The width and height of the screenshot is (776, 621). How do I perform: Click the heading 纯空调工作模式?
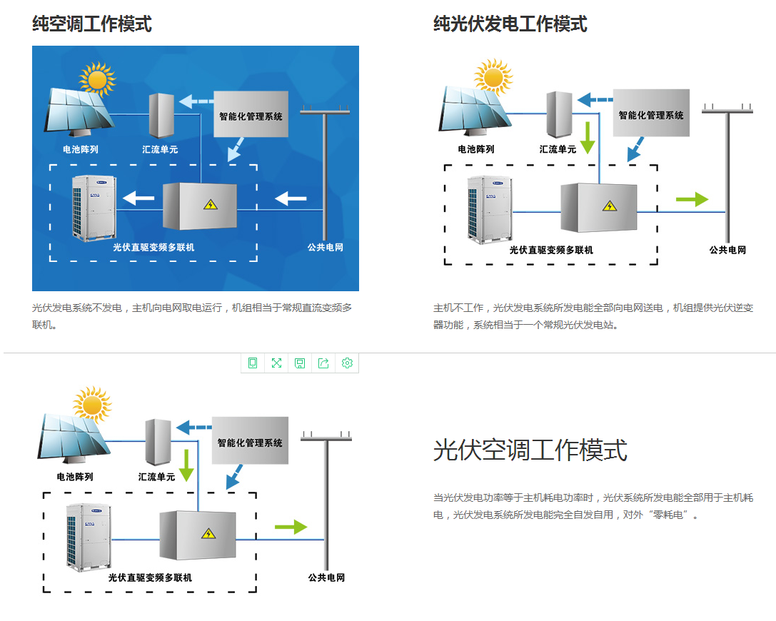91,24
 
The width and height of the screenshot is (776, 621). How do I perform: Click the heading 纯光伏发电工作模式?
510,24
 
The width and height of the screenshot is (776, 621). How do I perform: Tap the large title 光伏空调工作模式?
530,450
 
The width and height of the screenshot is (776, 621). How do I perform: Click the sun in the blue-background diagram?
97,79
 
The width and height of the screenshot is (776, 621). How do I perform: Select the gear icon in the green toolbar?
347,363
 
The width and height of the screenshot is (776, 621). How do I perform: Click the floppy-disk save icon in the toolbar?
300,363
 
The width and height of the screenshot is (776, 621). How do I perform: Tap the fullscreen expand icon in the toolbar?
276,363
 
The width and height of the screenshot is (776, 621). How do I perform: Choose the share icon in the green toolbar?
323,363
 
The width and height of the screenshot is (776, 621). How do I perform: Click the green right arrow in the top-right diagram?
691,200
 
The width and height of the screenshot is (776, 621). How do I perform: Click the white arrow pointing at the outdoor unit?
139,198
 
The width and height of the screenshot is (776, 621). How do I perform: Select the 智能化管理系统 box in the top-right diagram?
650,113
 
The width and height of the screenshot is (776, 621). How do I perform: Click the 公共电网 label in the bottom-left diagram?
326,577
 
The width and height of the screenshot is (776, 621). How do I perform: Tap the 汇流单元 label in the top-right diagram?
558,149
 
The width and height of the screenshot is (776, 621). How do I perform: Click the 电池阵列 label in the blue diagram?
80,149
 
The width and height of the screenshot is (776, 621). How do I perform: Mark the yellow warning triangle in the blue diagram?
210,205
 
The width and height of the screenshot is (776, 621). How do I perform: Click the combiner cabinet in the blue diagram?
162,114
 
